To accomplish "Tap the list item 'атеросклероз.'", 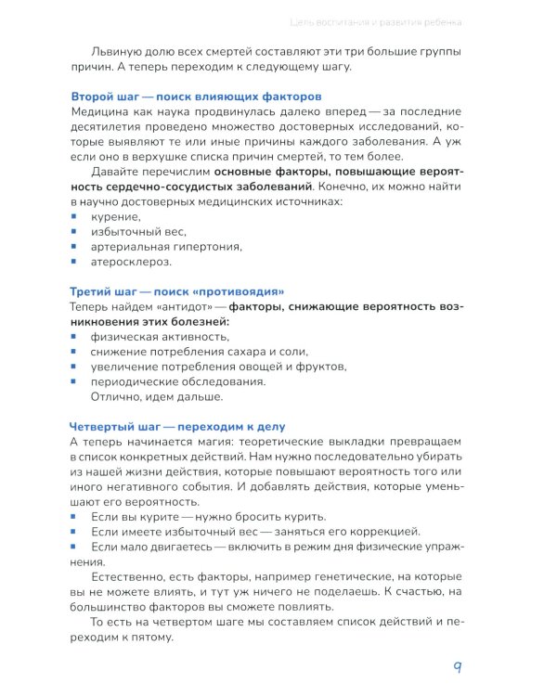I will tap(131, 263).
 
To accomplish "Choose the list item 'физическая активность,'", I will tap(159, 336).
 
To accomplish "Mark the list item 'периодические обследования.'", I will tap(177, 381).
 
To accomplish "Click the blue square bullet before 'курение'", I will tap(74, 215).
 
